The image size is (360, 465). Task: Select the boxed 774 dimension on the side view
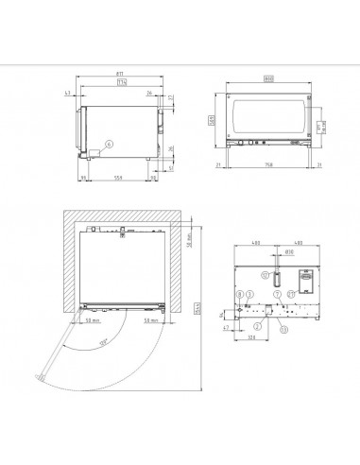(x=122, y=81)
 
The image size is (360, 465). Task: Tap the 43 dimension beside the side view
(x=70, y=94)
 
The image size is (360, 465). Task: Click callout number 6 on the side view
(x=110, y=144)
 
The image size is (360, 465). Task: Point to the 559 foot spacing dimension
(x=117, y=178)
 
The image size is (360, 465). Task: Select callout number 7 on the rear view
(x=277, y=293)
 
